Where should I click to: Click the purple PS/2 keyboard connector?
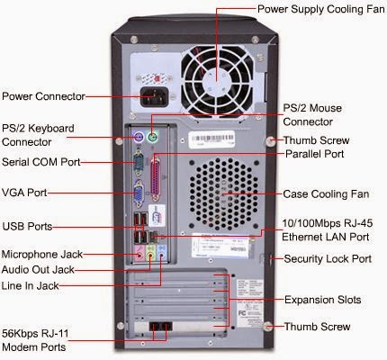click(138, 138)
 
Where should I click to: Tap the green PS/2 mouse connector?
click(152, 138)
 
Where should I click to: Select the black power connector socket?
click(155, 96)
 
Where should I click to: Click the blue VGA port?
click(139, 193)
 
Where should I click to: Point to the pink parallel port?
click(155, 178)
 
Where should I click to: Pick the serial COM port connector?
click(138, 164)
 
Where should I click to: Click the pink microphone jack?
click(139, 256)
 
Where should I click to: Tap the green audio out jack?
click(150, 256)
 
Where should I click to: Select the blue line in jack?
click(161, 256)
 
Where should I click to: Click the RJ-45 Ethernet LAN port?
click(154, 237)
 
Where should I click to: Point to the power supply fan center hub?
click(217, 80)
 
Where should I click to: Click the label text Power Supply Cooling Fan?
click(321, 9)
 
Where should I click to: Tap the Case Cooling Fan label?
click(326, 193)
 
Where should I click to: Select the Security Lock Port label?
click(328, 258)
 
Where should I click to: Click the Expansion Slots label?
click(322, 300)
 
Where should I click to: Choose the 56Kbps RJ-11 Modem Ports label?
click(35, 340)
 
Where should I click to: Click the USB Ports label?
click(27, 226)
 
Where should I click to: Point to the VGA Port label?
click(24, 193)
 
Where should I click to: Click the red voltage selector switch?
click(157, 78)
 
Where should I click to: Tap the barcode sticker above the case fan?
click(212, 139)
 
